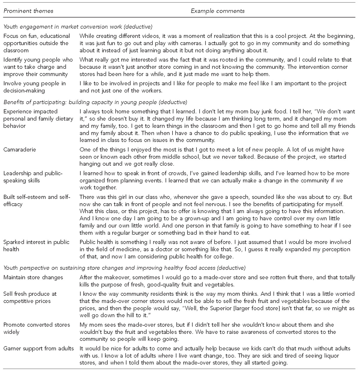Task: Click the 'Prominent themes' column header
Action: pyautogui.click(x=28, y=11)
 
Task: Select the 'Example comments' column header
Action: pyautogui.click(x=217, y=11)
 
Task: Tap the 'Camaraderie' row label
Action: pyautogui.click(x=19, y=150)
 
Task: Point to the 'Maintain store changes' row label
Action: pyautogui.click(x=33, y=277)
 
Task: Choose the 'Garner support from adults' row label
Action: pyautogui.click(x=38, y=348)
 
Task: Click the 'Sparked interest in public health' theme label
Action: pyautogui.click(x=36, y=246)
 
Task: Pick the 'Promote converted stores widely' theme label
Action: pyautogui.click(x=36, y=328)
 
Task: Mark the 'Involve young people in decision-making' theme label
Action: pyautogui.click(x=34, y=87)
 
